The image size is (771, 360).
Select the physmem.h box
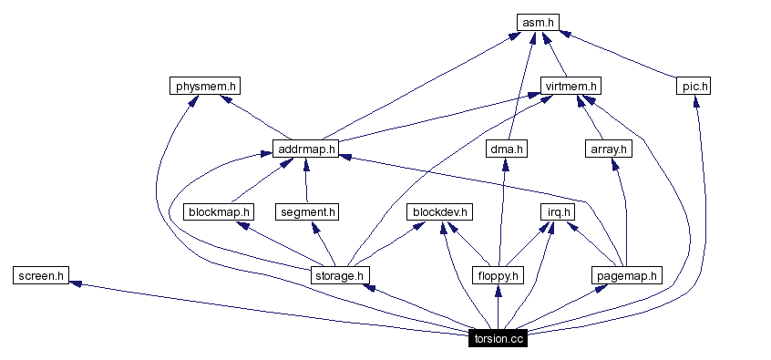205,87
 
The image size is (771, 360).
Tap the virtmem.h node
570,87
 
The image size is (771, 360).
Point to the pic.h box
694,87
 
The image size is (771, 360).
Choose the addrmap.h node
305,149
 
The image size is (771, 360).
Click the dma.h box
508,149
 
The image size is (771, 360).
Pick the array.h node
608,149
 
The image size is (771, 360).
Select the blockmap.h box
219,211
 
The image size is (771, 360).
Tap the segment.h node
306,211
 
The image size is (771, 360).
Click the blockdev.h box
439,211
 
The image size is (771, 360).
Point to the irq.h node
555,211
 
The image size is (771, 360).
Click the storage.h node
339,274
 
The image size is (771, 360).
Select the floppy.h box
498,274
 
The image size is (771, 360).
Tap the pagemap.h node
625,274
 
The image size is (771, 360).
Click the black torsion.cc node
498,338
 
